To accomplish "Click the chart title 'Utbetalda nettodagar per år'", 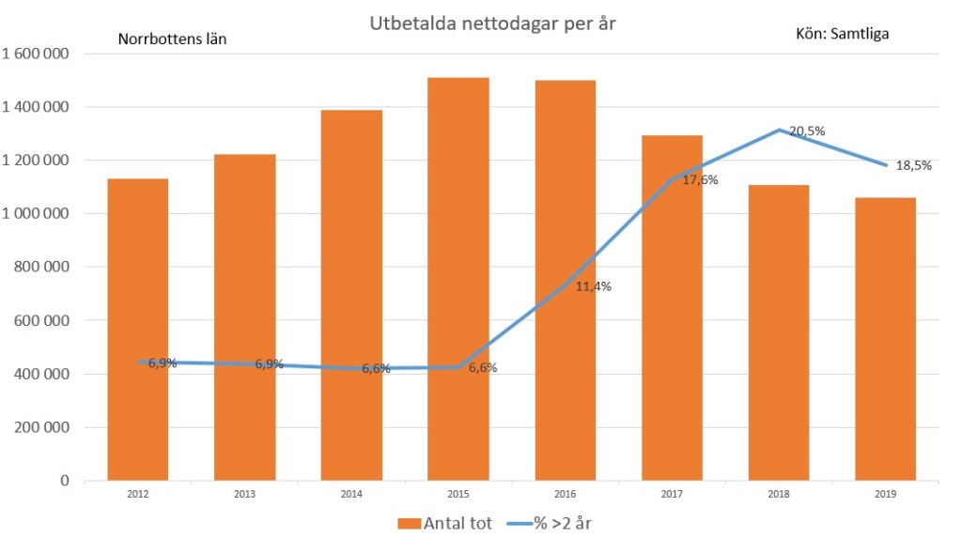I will (x=491, y=24).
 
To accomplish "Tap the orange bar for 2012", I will (x=138, y=329).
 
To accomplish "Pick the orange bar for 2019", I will (x=885, y=338).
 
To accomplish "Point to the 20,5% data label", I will (x=807, y=131).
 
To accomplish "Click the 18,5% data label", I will (x=913, y=165).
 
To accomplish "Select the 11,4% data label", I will (x=593, y=286).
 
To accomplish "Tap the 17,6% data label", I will (x=700, y=180).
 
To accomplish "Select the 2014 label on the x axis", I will (x=351, y=493).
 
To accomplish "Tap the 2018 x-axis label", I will (x=779, y=493).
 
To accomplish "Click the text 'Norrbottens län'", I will (x=172, y=39).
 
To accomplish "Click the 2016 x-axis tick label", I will (x=565, y=493).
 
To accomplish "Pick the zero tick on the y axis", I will (x=64, y=481).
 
